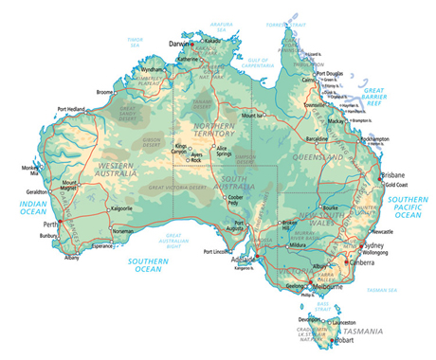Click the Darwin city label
(x=178, y=44)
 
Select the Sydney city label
(x=373, y=245)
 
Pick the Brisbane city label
(x=392, y=175)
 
